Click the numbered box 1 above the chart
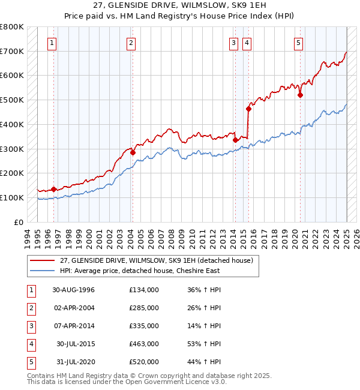click(53, 43)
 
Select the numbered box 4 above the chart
click(247, 43)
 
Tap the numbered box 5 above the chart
click(298, 43)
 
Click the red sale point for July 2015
click(248, 109)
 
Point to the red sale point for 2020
click(300, 95)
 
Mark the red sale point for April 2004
click(133, 152)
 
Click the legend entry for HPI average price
click(139, 271)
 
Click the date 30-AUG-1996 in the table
click(73, 290)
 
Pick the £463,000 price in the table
click(143, 344)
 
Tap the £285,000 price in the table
click(143, 308)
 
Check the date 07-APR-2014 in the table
click(73, 326)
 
